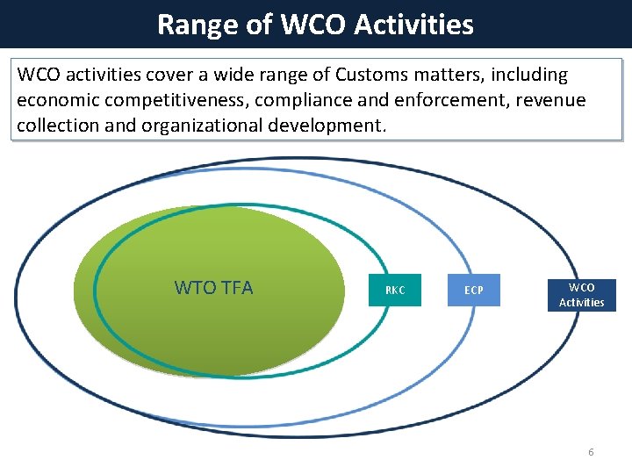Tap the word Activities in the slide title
click(414, 25)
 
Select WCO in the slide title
click(314, 25)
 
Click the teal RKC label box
click(395, 291)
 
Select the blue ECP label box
click(473, 291)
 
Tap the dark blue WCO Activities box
click(581, 295)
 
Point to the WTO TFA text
click(213, 288)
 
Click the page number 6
click(590, 452)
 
